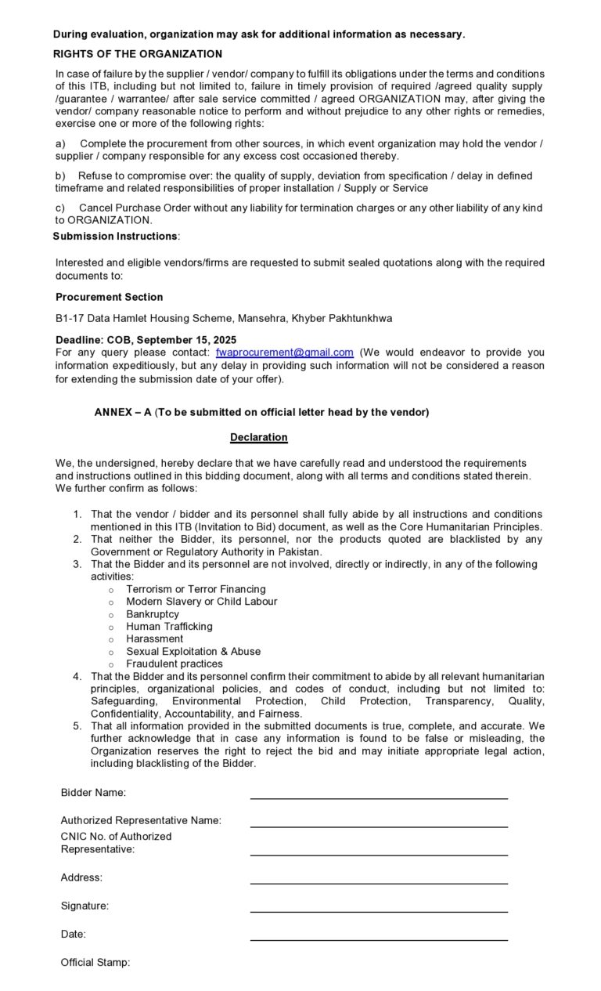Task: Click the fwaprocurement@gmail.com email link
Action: tap(284, 353)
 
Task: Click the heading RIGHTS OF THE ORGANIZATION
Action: tap(138, 54)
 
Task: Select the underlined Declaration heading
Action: tap(259, 437)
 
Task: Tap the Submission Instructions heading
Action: tap(115, 236)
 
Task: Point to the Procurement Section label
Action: tap(110, 297)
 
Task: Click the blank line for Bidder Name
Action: tap(379, 798)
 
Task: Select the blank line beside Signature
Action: tap(379, 911)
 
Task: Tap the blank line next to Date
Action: tap(379, 939)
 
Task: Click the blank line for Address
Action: tap(379, 883)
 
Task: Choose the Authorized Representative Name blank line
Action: tap(379, 826)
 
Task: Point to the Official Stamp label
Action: tap(95, 963)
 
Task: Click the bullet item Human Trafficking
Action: tap(169, 627)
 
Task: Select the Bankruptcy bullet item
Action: tap(153, 614)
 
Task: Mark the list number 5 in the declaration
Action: tap(77, 726)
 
